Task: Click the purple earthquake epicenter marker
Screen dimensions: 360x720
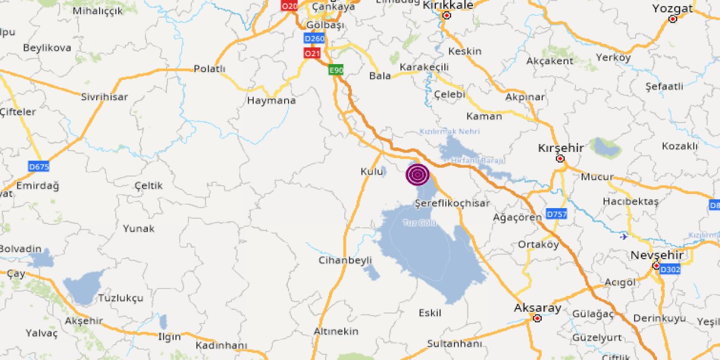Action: [x=417, y=174]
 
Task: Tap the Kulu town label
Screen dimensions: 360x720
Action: [x=371, y=171]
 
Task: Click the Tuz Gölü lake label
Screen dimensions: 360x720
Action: [x=420, y=223]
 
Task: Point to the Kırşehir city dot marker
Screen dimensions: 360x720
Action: [x=560, y=159]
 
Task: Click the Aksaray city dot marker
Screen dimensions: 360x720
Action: [x=537, y=318]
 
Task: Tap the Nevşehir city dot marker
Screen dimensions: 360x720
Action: [x=656, y=265]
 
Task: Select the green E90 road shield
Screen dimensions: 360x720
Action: [x=336, y=70]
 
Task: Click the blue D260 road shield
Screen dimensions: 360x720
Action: [x=314, y=38]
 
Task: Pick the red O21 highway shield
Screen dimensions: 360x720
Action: [x=312, y=53]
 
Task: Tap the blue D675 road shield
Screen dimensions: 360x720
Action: [x=39, y=166]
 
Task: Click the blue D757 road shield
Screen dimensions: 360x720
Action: [x=556, y=214]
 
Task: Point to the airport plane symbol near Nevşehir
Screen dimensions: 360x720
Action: [x=623, y=236]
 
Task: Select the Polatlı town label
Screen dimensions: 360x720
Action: [x=209, y=69]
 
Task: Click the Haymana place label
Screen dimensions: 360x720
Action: [x=271, y=101]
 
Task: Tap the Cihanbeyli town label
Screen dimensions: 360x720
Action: [x=345, y=260]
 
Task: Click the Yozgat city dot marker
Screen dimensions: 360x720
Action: [x=672, y=19]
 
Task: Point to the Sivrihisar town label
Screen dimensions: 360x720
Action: [x=104, y=97]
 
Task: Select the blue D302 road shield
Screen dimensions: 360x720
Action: [x=670, y=270]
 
